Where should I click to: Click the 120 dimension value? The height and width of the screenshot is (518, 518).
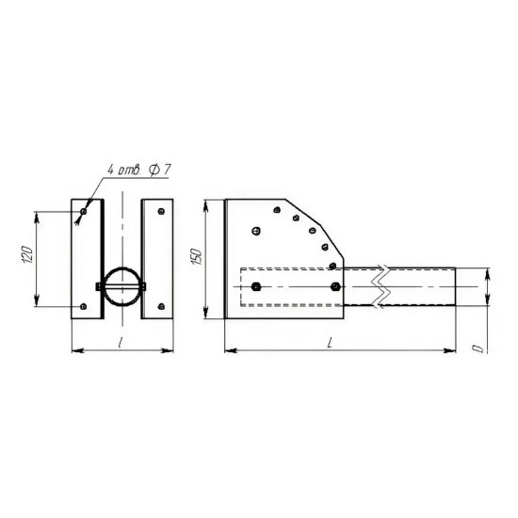pos(28,254)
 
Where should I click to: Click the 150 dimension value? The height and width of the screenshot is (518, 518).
pos(197,257)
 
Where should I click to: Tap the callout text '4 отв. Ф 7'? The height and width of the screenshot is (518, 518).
pos(139,170)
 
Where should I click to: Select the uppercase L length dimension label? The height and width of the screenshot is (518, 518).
pos(330,344)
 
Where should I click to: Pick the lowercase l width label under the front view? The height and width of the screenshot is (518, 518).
pos(121,343)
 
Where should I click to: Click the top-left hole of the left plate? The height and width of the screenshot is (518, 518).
pos(84,211)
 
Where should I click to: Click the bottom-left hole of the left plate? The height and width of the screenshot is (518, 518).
pos(84,307)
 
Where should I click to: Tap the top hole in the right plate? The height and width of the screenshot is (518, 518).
pos(161,211)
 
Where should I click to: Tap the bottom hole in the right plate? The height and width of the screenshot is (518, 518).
pos(161,307)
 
